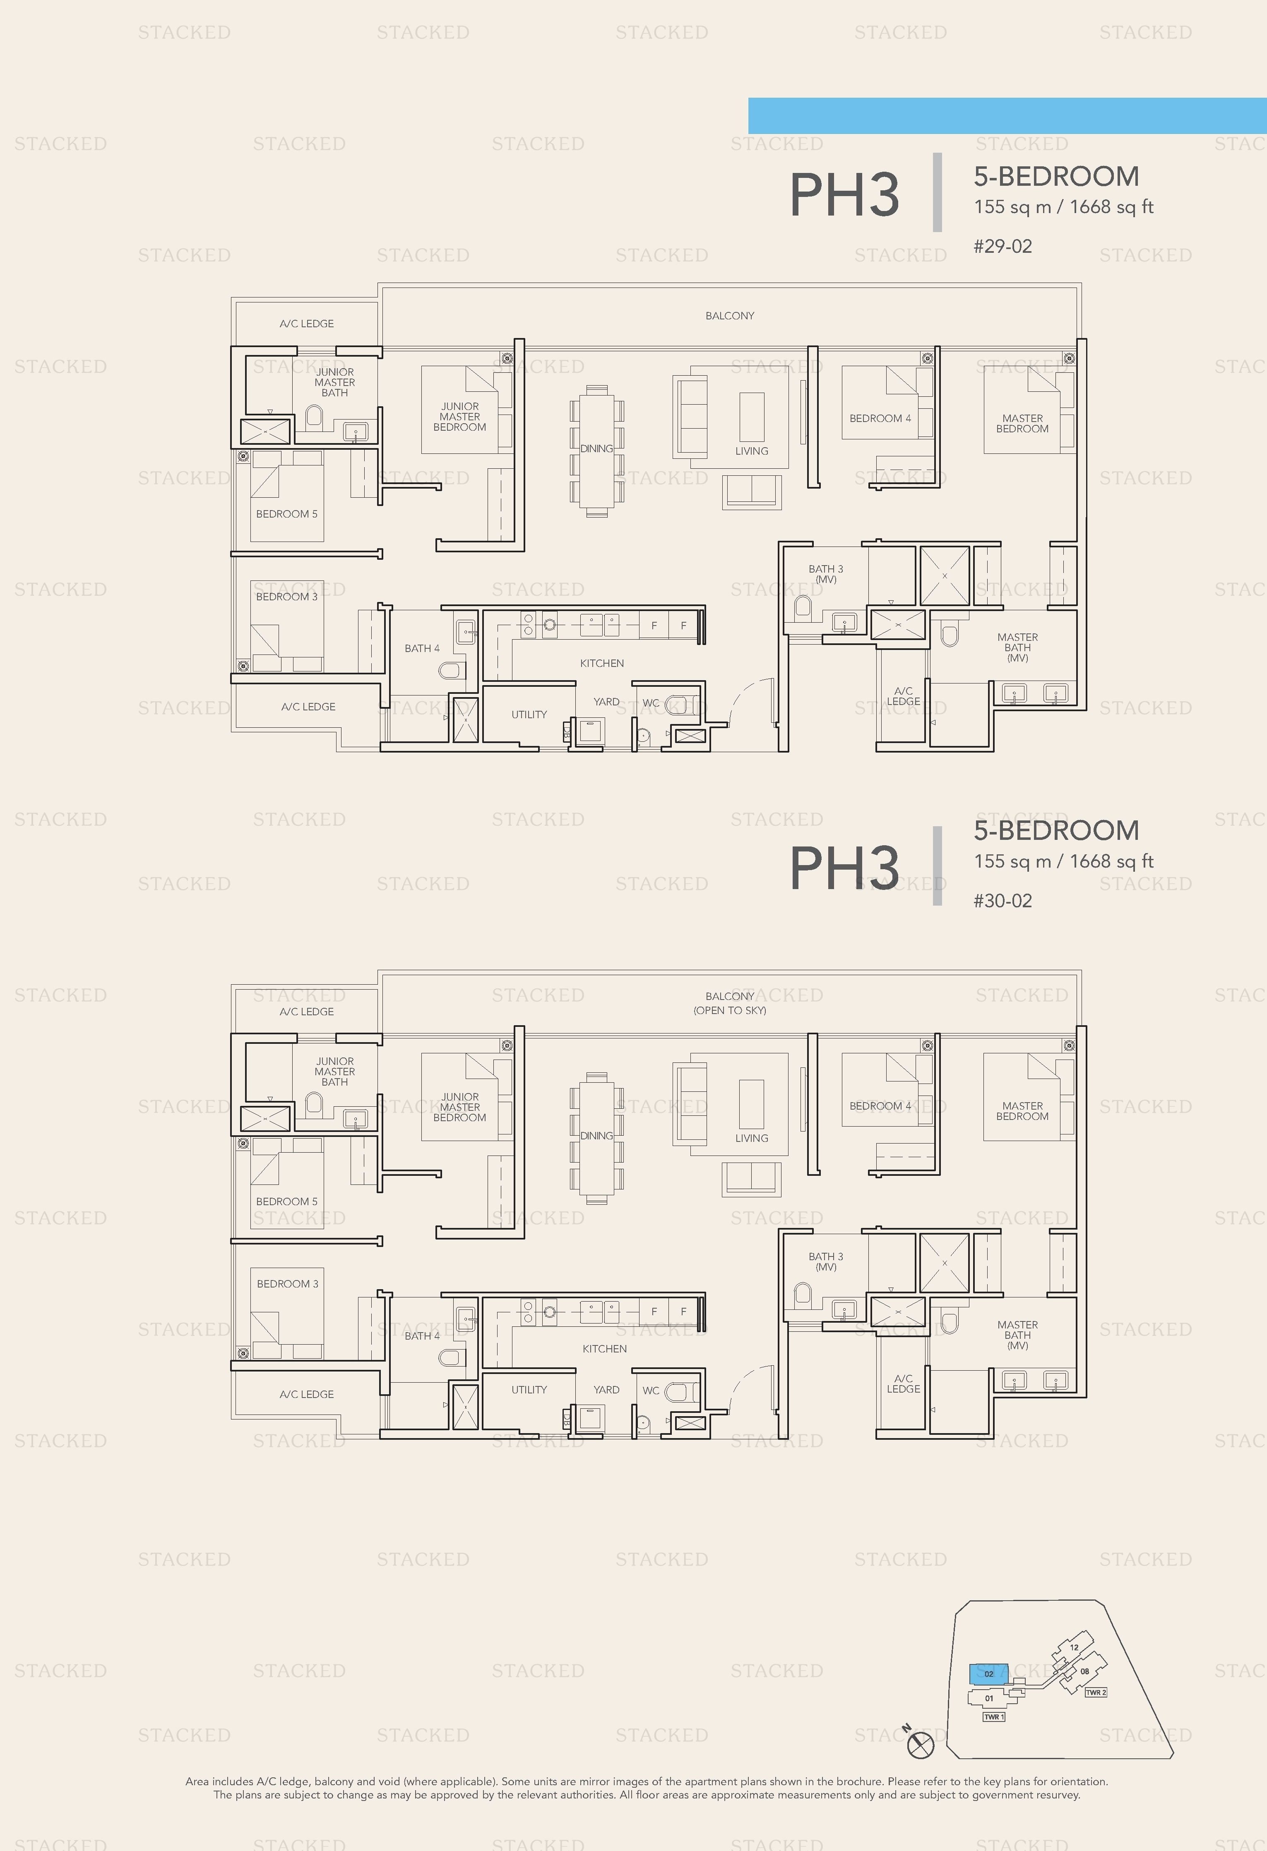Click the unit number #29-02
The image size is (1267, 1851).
[1003, 246]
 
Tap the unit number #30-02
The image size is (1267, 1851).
[1003, 901]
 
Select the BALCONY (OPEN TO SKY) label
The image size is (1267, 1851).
[729, 1003]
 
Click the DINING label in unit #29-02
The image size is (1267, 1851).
[596, 448]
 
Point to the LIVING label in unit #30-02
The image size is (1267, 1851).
[751, 1138]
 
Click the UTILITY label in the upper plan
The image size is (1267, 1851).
[529, 715]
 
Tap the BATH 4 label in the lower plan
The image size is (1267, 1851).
[421, 1336]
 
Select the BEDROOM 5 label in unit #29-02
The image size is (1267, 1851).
[286, 514]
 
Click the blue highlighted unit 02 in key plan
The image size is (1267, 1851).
[988, 1674]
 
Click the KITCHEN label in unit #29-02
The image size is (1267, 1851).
[601, 663]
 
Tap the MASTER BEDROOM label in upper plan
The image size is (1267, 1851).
[1022, 423]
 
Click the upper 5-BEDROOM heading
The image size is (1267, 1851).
[1056, 176]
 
